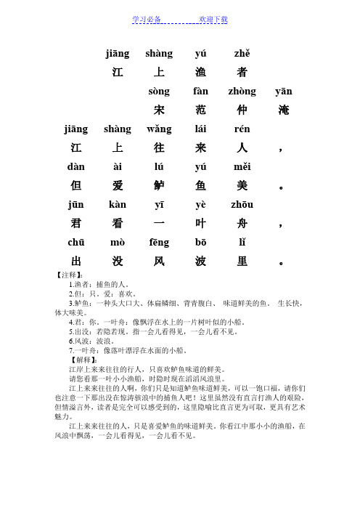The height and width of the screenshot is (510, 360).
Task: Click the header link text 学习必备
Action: (x=147, y=19)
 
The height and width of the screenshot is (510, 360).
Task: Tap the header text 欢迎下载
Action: (x=213, y=19)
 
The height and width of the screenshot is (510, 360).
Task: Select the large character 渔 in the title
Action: (x=201, y=72)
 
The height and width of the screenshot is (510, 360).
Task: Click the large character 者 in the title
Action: (x=242, y=72)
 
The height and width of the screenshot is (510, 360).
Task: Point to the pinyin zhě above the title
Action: (x=242, y=53)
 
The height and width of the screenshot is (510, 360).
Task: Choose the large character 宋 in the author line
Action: (x=159, y=110)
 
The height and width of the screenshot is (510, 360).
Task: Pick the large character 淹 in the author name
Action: (x=284, y=110)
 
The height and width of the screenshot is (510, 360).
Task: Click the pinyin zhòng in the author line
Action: (x=242, y=92)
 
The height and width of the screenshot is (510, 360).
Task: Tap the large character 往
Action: (x=159, y=148)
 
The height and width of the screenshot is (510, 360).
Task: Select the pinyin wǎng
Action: (x=159, y=129)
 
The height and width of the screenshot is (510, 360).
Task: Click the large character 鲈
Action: (x=159, y=185)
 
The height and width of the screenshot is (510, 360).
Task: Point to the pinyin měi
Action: (x=242, y=166)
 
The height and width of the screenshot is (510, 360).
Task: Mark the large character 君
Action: (x=75, y=223)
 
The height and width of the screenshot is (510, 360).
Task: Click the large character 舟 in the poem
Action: (x=242, y=223)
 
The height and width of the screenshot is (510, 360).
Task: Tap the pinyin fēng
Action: (x=159, y=241)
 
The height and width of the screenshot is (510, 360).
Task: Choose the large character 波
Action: (x=201, y=260)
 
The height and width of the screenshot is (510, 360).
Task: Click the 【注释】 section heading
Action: (x=70, y=275)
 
